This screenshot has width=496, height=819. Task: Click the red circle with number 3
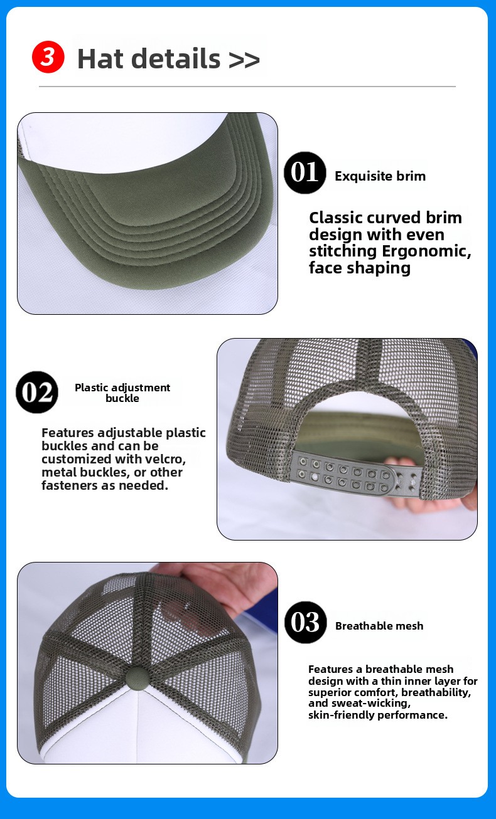pyautogui.click(x=48, y=56)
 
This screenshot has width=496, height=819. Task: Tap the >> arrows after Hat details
pyautogui.click(x=244, y=60)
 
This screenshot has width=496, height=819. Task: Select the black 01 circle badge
pyautogui.click(x=305, y=172)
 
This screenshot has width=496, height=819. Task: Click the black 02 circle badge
pyautogui.click(x=37, y=393)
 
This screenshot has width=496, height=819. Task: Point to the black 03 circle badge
pyautogui.click(x=305, y=622)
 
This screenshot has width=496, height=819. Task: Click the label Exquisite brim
pyautogui.click(x=380, y=176)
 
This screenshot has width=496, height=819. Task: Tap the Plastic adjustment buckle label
pyautogui.click(x=122, y=393)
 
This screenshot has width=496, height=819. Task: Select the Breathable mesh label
pyautogui.click(x=379, y=626)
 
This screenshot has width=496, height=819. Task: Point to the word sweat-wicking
pyautogui.click(x=371, y=703)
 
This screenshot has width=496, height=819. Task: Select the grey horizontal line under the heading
pyautogui.click(x=247, y=87)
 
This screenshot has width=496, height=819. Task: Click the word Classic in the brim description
pyautogui.click(x=336, y=218)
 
